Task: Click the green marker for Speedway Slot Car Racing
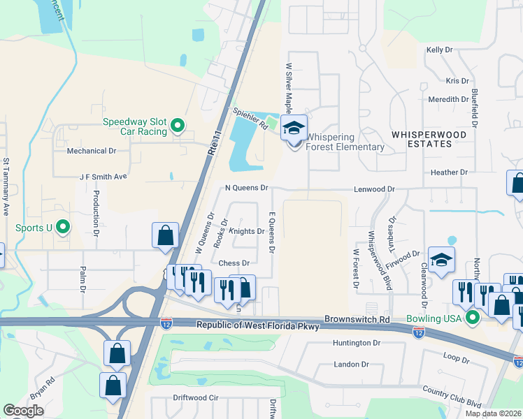[x=178, y=126]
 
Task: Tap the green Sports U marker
[x=63, y=227]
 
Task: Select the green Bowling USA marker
[x=472, y=318]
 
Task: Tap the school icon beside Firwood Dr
[x=441, y=260]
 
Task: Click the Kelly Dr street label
[x=440, y=50]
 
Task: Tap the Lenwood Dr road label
[x=374, y=189]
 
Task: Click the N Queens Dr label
[x=246, y=188]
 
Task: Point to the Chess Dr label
[x=234, y=263]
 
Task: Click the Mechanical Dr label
[x=91, y=151]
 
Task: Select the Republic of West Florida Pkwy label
[x=256, y=325]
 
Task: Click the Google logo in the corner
[x=23, y=411]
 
